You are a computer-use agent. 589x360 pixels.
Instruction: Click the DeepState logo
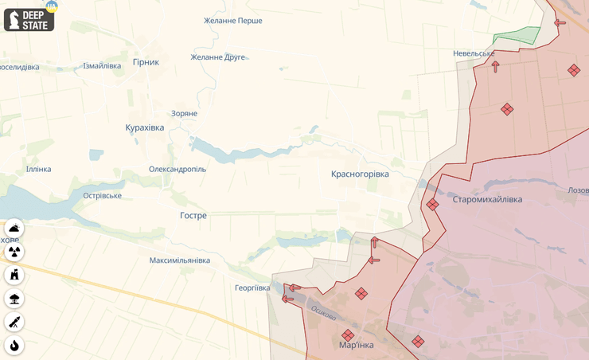[29, 20]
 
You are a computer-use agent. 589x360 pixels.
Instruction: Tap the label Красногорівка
[360, 174]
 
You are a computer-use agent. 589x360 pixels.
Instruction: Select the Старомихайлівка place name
[487, 199]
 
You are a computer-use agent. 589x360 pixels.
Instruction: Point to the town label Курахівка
[145, 127]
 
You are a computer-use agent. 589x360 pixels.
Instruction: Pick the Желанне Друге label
[218, 57]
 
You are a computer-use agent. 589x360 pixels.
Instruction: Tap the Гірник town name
[146, 62]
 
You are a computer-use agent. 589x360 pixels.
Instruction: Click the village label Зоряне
[184, 114]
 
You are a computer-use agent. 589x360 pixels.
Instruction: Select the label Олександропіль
[177, 169]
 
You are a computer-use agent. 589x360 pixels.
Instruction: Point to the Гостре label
[193, 216]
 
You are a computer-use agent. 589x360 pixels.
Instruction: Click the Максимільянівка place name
[180, 260]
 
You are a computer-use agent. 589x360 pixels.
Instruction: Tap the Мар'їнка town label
[356, 345]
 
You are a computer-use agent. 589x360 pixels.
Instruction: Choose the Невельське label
[474, 53]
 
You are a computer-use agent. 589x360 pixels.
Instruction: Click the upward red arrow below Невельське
[495, 67]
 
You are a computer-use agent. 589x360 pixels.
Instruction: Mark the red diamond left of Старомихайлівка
[432, 205]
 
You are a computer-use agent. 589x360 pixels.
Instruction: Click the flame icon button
[14, 346]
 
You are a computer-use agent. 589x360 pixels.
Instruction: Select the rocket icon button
[14, 322]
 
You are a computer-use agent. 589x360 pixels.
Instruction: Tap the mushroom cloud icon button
[14, 299]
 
